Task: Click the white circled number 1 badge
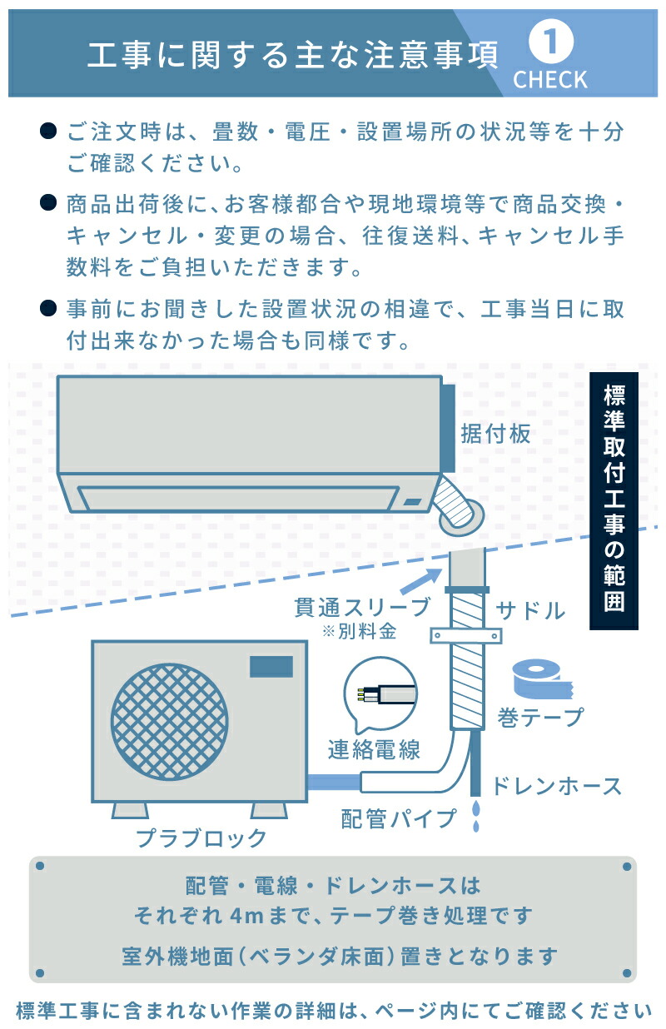549,43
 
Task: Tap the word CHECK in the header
549,80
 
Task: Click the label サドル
530,611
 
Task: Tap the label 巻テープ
539,716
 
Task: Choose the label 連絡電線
373,749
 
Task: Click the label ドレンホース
557,785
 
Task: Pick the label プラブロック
202,837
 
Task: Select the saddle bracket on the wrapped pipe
466,636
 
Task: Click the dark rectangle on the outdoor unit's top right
272,666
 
